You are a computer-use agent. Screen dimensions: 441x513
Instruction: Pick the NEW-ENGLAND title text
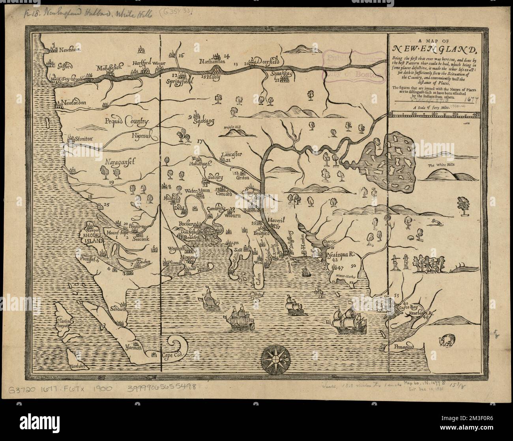433,50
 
